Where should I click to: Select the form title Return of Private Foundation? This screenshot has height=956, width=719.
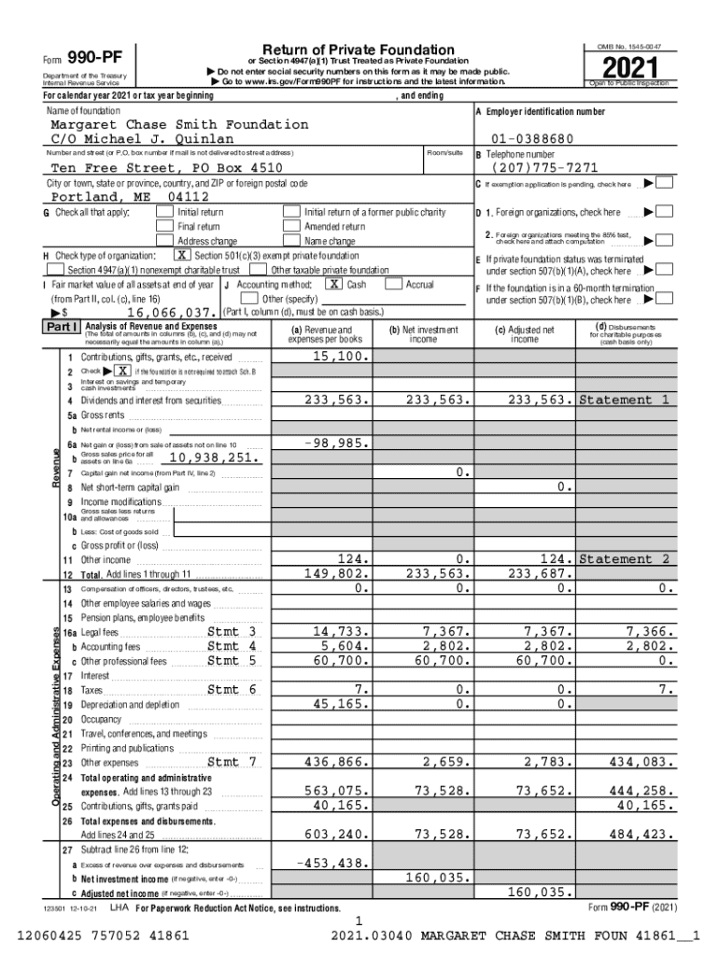359,49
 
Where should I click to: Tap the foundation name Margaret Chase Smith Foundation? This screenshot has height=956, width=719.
179,124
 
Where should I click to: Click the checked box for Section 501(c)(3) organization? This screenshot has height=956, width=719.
181,256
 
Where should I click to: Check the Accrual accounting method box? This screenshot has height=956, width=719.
392,284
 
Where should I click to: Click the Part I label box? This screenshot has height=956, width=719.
63,328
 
